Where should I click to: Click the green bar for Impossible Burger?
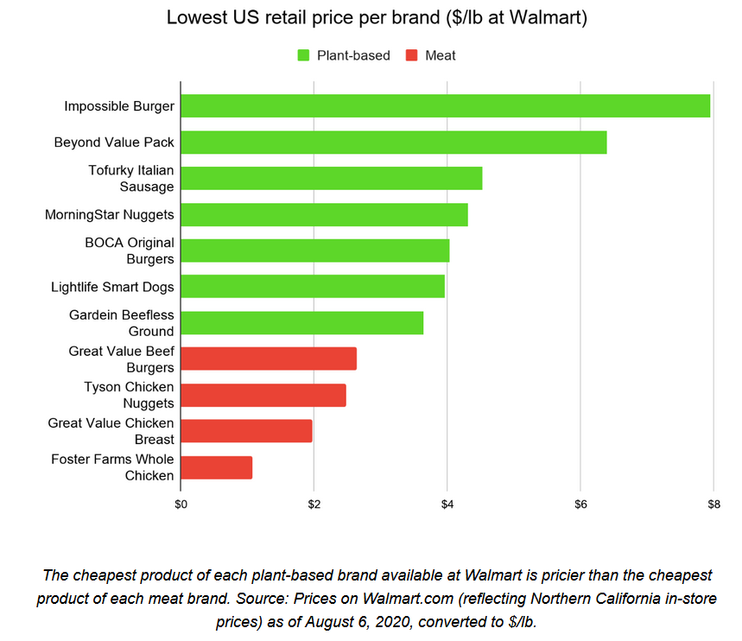445,106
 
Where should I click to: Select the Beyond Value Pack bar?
394,143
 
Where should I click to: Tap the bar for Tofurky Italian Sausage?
332,178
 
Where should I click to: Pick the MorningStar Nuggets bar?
324,214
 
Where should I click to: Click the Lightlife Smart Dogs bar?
313,286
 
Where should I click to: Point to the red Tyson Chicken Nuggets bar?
263,395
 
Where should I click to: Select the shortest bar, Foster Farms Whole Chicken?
217,467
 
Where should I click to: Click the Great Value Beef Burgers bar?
269,359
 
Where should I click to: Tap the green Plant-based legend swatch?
303,55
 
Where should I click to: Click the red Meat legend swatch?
412,55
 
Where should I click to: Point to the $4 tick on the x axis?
447,504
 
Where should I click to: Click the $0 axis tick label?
181,504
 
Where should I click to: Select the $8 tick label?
713,504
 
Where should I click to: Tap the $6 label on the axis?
580,504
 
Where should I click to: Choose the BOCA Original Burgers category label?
129,251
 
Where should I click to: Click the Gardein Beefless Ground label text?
121,323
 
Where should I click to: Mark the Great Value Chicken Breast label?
111,431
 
